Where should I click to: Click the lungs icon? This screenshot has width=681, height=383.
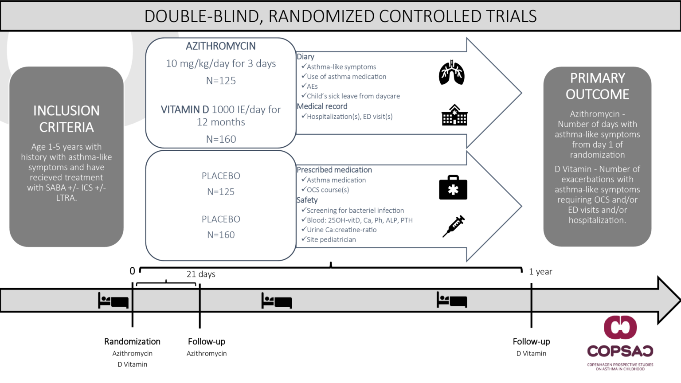point(451,73)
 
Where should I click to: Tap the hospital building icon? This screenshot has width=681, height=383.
point(454,115)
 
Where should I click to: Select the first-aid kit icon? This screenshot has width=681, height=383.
point(453,188)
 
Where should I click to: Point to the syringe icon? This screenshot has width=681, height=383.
point(454,226)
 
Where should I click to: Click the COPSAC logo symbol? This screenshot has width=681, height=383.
point(620,327)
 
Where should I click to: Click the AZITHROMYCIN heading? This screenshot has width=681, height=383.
point(220,46)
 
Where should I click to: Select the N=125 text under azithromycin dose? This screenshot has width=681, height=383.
point(221,81)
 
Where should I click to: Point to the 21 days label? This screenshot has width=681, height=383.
point(201,274)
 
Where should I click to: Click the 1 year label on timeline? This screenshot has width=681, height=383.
point(540,271)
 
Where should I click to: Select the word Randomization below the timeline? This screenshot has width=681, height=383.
point(132,341)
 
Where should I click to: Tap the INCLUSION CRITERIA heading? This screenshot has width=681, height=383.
point(67,119)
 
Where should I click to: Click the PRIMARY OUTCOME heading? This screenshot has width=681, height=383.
point(597,86)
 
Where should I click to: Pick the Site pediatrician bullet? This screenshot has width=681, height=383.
point(331,239)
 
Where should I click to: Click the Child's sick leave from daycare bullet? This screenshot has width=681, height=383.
point(353,96)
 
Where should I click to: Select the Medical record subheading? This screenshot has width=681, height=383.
point(322,106)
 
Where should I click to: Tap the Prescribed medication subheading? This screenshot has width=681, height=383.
point(334,170)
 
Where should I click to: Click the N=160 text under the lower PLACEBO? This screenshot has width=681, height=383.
point(221,235)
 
